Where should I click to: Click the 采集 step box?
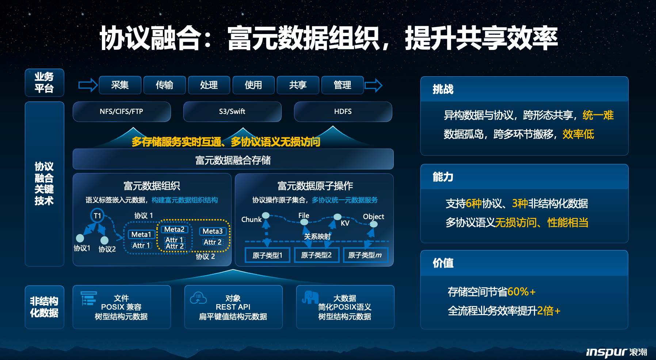tap(120, 85)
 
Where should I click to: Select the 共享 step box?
tap(298, 85)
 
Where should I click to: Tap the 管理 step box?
tap(343, 85)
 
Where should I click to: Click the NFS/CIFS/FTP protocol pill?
tap(122, 111)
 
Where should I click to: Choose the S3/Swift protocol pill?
tap(232, 111)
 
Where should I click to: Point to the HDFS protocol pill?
tap(343, 111)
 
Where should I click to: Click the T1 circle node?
tap(98, 216)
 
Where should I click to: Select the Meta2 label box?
tap(174, 229)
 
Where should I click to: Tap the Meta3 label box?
tap(213, 231)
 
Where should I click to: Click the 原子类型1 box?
tap(267, 255)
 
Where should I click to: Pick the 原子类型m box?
tap(365, 255)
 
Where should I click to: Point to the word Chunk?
tap(251, 219)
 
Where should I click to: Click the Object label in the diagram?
tap(373, 217)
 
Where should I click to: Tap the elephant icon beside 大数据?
tap(310, 298)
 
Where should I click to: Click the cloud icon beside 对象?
tap(198, 298)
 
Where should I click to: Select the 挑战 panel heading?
tap(443, 89)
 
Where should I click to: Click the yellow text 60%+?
tap(521, 292)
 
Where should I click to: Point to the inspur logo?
tap(616, 352)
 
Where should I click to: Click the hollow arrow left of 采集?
tap(88, 85)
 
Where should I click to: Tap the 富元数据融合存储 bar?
tap(233, 159)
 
